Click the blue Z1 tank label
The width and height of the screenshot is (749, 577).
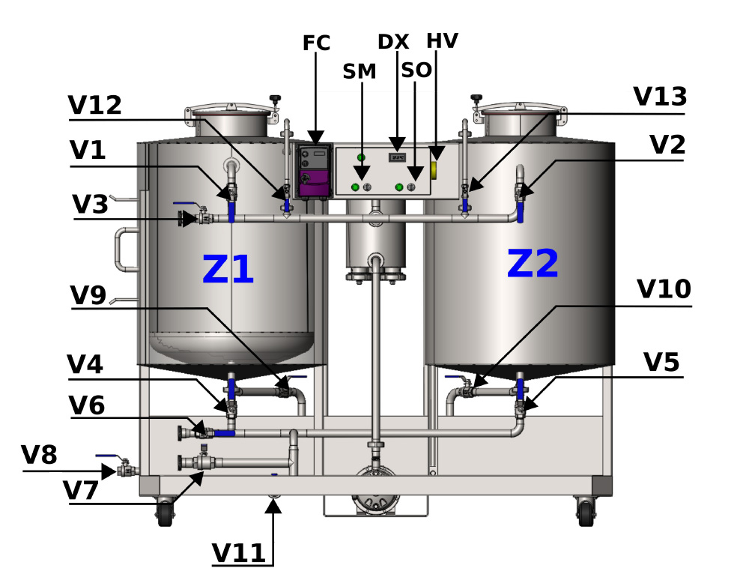coord(228,269)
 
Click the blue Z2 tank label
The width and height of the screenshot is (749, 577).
coord(533,263)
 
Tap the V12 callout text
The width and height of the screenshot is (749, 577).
coord(95,105)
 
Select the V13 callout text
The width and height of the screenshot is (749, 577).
coord(660,97)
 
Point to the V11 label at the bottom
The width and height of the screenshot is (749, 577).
coord(238,553)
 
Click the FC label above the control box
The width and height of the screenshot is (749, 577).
coord(316,43)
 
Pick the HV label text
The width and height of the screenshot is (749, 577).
coord(442,40)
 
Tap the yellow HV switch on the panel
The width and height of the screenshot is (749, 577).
coord(434,170)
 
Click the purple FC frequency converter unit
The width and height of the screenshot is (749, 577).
coord(313,171)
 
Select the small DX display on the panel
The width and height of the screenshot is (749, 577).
coord(397,157)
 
